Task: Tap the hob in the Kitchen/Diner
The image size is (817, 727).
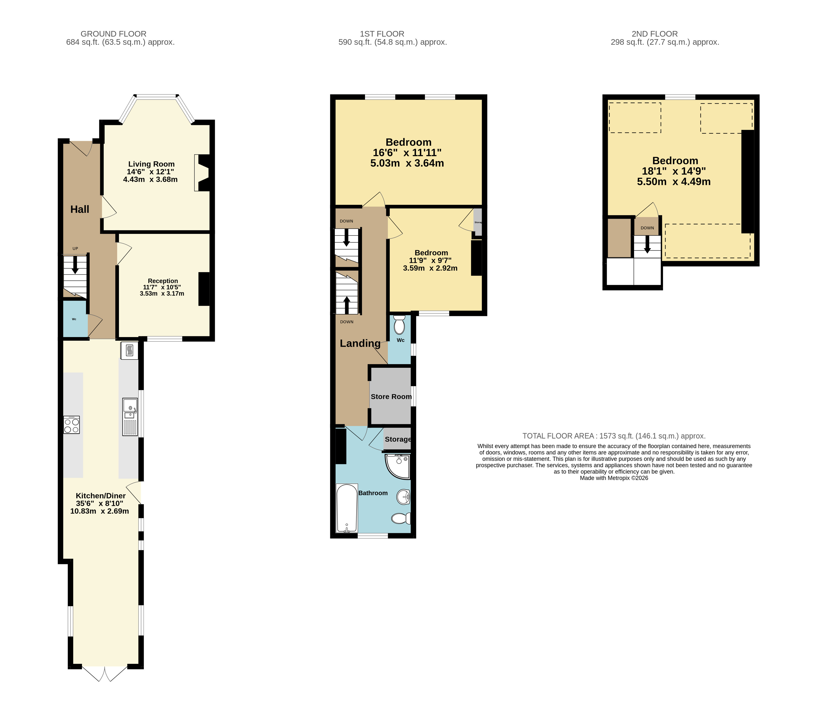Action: (x=72, y=425)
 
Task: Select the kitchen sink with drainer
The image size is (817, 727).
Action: (x=130, y=417)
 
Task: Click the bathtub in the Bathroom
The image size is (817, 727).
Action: (x=347, y=508)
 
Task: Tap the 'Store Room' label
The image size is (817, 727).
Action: (x=391, y=396)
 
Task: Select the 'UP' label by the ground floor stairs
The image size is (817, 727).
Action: (x=75, y=249)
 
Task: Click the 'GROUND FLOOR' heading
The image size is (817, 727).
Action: (x=113, y=34)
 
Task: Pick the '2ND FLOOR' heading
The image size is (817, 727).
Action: (x=655, y=34)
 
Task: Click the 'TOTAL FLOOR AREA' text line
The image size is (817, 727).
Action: (x=614, y=436)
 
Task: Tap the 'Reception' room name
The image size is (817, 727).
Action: (x=163, y=281)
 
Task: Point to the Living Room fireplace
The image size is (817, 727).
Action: (x=202, y=173)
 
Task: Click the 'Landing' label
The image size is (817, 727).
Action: (x=360, y=343)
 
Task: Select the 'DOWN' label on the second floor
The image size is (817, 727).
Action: (x=647, y=228)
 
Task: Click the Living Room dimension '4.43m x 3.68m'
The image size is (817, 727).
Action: (x=150, y=179)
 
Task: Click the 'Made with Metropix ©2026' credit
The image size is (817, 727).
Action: (x=614, y=478)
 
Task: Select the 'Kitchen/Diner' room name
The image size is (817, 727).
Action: (x=101, y=496)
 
